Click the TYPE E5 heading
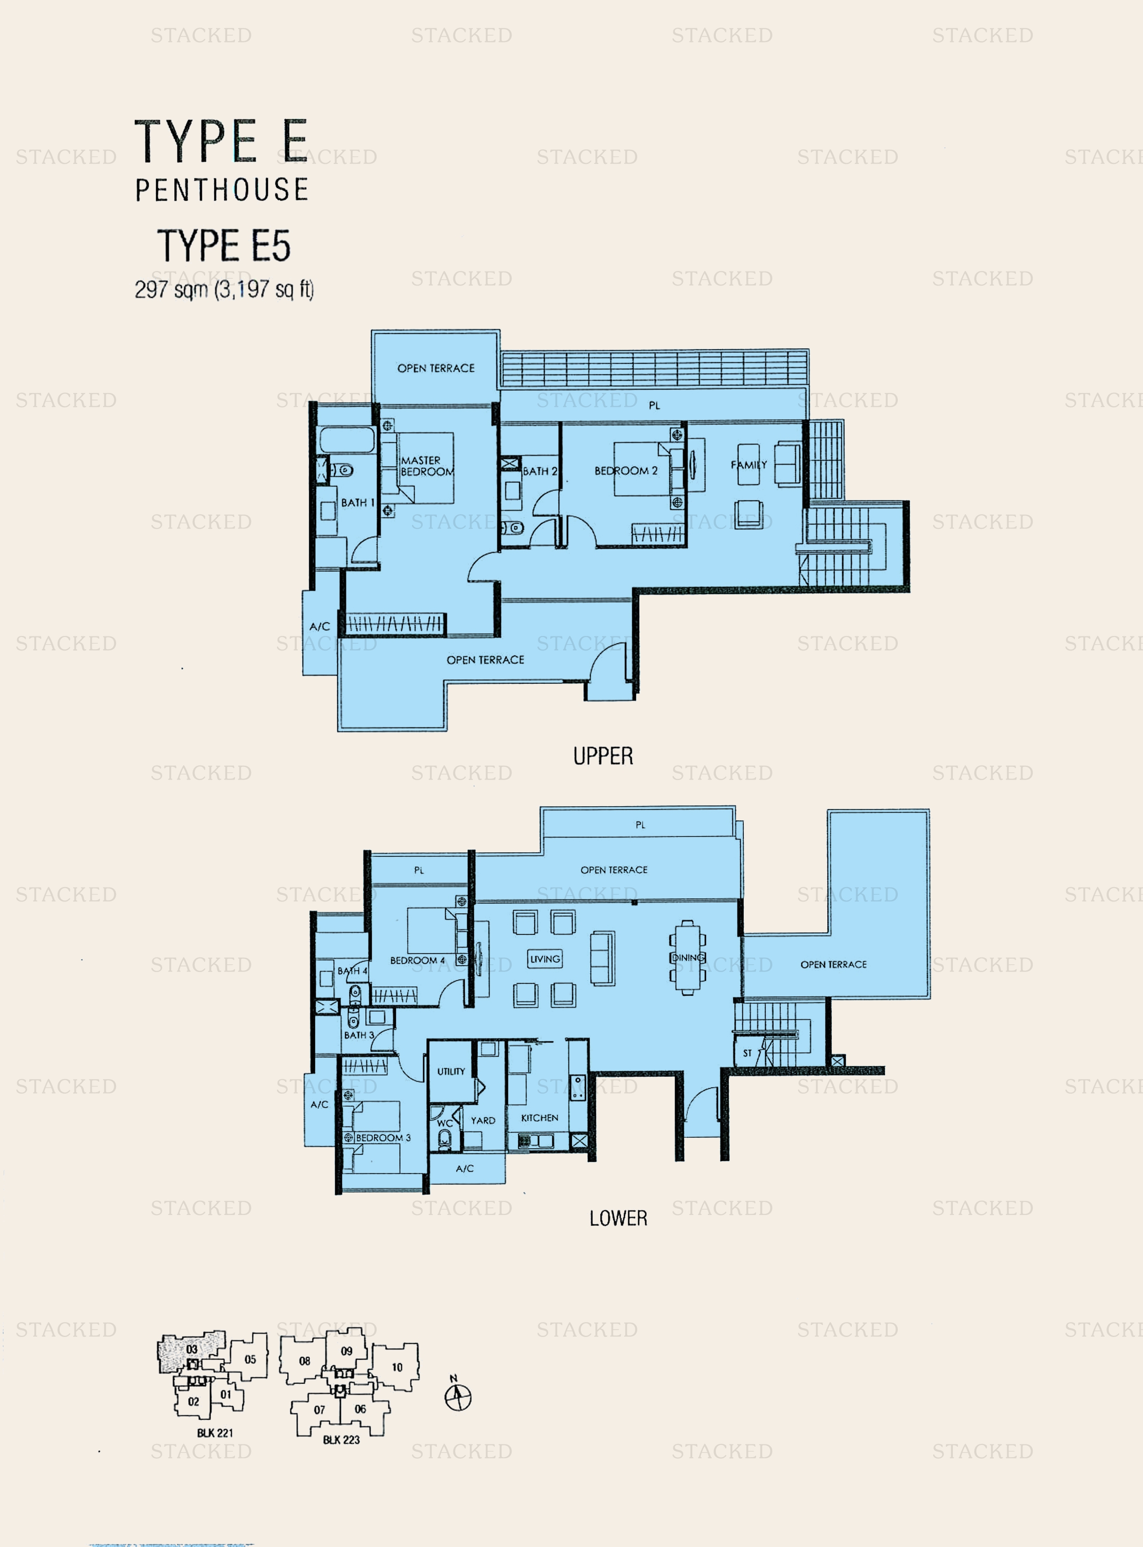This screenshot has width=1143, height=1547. coord(224,246)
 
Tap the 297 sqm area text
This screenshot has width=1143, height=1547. coord(224,289)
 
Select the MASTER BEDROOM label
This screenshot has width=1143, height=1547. coord(426,466)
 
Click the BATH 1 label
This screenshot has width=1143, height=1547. coord(357,502)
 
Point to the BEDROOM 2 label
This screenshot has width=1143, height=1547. coord(625,471)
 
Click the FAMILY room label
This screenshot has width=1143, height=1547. coord(749,465)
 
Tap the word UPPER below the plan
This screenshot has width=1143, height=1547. coord(602,756)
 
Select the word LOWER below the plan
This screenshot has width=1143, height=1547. coord(618,1218)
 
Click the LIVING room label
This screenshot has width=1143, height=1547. coord(545,959)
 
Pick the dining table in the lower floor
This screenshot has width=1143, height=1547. coord(687,958)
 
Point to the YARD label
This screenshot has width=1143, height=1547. coord(483,1120)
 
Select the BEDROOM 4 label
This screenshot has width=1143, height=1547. coord(417,960)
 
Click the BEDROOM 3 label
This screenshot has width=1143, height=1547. coord(383,1137)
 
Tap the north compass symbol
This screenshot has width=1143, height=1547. coord(457,1397)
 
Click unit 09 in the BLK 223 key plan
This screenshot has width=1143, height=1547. coord(347,1351)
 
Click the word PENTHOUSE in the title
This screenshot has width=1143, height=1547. coord(221,190)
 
